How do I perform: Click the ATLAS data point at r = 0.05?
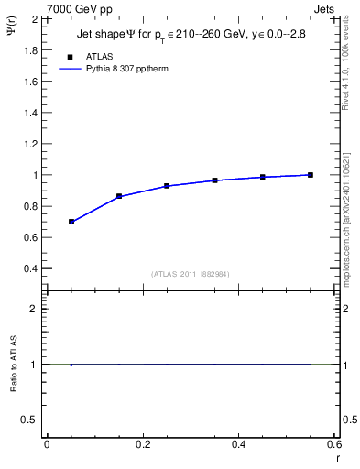pyautogui.click(x=71, y=222)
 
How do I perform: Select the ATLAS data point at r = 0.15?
pyautogui.click(x=119, y=196)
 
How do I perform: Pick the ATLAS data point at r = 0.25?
pyautogui.click(x=167, y=186)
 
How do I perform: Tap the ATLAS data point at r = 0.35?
pyautogui.click(x=214, y=180)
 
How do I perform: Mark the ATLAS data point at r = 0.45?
pyautogui.click(x=263, y=177)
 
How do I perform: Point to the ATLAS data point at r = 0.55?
pyautogui.click(x=311, y=175)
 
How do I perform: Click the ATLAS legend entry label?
pyautogui.click(x=99, y=57)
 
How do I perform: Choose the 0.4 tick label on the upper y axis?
pyautogui.click(x=31, y=269)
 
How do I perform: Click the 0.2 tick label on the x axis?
pyautogui.click(x=142, y=444)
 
